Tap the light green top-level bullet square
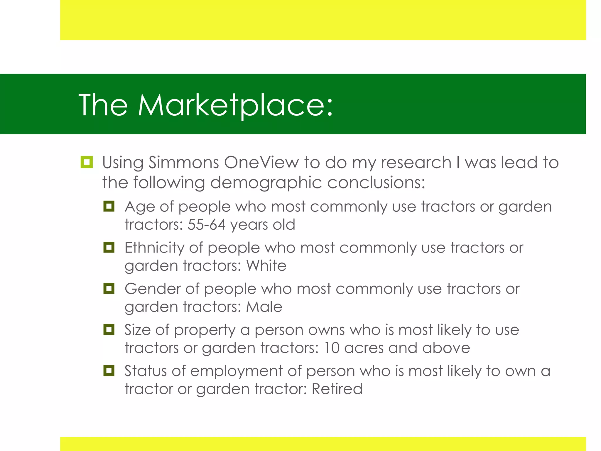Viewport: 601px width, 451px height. tap(87, 162)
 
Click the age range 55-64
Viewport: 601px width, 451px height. tap(206, 225)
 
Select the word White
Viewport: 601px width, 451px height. tap(266, 266)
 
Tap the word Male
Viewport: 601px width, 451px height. tap(264, 307)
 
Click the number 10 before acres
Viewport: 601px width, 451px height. tap(332, 348)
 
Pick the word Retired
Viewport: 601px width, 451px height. tap(337, 389)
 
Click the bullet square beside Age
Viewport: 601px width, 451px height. tap(109, 206)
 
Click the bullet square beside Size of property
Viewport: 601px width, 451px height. tap(109, 329)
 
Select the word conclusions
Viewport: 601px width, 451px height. tap(376, 183)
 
